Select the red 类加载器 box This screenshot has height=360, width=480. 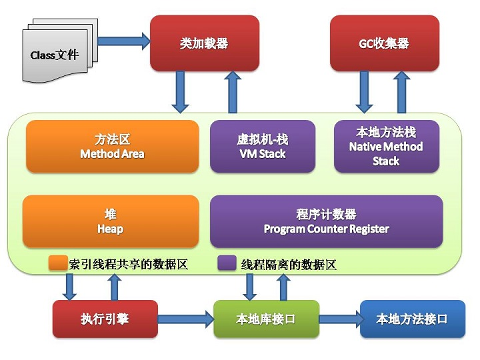204,43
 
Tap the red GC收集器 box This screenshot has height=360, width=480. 385,43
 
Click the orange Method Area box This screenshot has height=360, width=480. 112,147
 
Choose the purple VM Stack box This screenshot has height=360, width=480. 262,147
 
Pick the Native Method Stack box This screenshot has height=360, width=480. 386,147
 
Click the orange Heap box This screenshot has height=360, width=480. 111,221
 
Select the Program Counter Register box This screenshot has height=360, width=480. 326,221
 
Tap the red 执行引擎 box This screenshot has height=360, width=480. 105,319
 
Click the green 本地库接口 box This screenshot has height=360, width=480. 266,319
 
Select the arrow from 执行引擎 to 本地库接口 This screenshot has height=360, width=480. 185,319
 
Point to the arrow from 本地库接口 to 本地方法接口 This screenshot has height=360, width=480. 339,319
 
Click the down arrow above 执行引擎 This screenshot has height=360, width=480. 69,286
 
